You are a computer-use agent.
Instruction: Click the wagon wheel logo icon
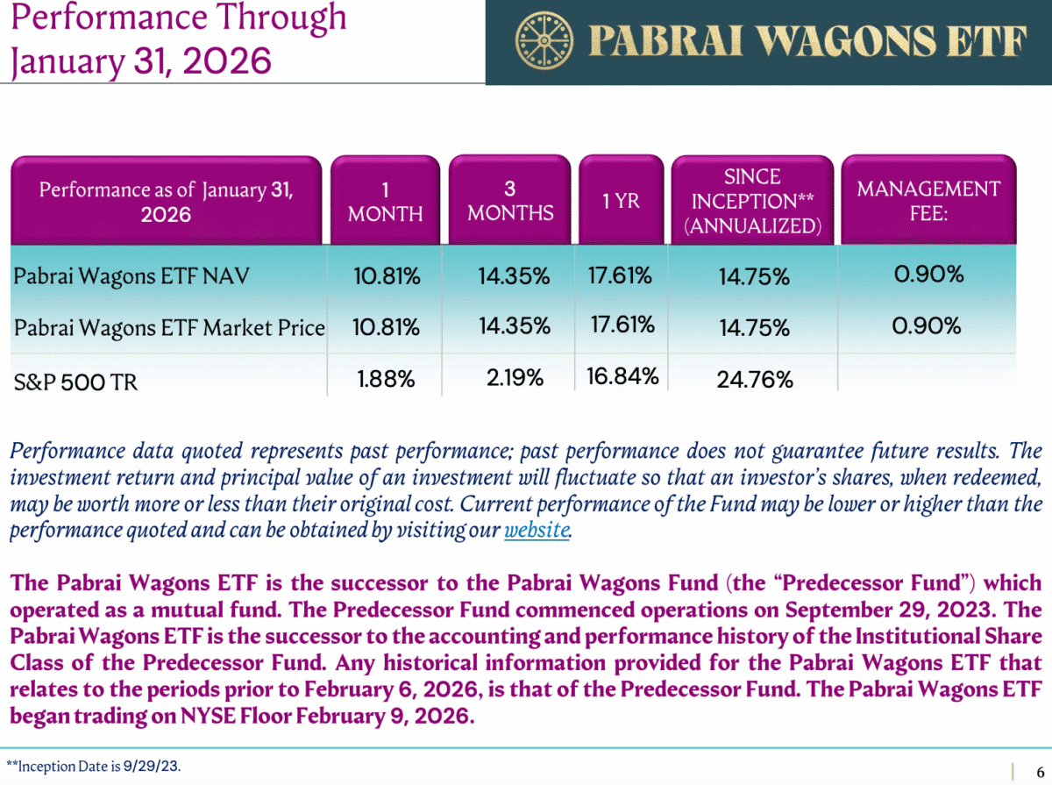[x=538, y=40]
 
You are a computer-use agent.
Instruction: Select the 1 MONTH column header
[x=386, y=202]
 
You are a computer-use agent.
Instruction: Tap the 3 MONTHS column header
[x=510, y=201]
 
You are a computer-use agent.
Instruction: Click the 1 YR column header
[x=621, y=202]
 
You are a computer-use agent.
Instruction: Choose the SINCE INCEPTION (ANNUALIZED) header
[x=752, y=202]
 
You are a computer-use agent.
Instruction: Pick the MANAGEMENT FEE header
[x=928, y=201]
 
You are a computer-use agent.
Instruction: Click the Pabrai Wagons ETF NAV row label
[x=131, y=277]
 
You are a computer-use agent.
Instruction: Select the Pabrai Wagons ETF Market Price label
[x=169, y=328]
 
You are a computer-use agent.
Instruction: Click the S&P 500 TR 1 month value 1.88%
[x=386, y=379]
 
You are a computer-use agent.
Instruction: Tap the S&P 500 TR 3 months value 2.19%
[x=515, y=378]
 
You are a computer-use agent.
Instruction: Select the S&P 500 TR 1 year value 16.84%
[x=622, y=377]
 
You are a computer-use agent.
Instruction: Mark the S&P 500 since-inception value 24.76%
[x=755, y=380]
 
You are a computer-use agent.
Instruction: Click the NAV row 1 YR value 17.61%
[x=620, y=275]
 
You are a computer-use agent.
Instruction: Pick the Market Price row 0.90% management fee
[x=927, y=326]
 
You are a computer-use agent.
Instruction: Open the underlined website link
[x=537, y=531]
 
